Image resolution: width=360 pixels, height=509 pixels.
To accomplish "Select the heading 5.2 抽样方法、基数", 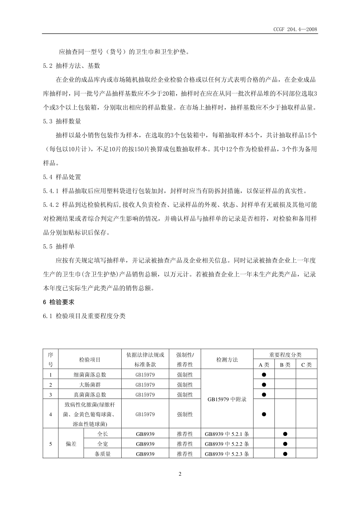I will [72, 66].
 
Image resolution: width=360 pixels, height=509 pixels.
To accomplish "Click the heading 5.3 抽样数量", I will [62, 121].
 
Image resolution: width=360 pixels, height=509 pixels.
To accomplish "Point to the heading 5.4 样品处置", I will [62, 177].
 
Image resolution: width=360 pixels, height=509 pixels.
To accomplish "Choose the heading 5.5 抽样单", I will [59, 246].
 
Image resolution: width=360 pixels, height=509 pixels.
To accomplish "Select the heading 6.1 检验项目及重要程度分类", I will [84, 316].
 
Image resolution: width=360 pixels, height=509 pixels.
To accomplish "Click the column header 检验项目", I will [90, 359].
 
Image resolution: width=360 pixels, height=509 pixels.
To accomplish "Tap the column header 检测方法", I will [227, 359].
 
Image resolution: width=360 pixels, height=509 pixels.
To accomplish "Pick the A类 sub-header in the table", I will [264, 365].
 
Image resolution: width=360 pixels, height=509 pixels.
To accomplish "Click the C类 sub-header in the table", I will [306, 365].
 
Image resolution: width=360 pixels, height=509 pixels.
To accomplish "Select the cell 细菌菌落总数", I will [90, 375].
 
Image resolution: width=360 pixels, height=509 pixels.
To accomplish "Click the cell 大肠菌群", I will [90, 384].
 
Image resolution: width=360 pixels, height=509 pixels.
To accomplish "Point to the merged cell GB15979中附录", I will [227, 399].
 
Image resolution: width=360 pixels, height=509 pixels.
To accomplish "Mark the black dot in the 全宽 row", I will [285, 443].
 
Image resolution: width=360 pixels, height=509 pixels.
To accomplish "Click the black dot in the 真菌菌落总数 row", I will [264, 394].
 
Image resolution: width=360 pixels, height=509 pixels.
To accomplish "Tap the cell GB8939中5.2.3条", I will [227, 453].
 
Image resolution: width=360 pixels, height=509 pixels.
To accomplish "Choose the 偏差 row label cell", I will [71, 443].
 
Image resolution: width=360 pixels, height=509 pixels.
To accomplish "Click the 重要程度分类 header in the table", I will [285, 354].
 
